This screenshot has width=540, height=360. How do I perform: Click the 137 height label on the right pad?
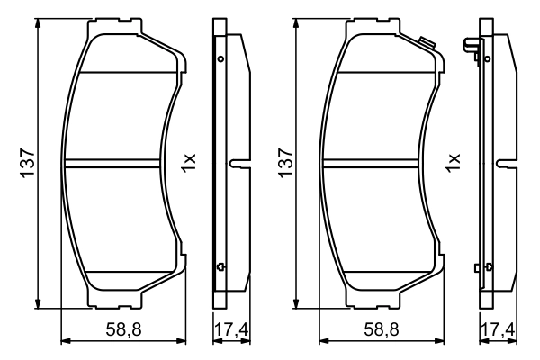(285, 163)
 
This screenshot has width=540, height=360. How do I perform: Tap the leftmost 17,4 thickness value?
(230, 332)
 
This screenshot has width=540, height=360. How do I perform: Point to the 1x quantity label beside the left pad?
(189, 163)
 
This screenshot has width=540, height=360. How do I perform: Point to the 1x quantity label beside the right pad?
(454, 163)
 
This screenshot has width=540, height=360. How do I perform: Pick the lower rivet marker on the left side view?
(220, 265)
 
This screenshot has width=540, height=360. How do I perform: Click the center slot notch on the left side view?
(236, 164)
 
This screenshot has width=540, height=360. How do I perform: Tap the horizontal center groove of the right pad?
(378, 163)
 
